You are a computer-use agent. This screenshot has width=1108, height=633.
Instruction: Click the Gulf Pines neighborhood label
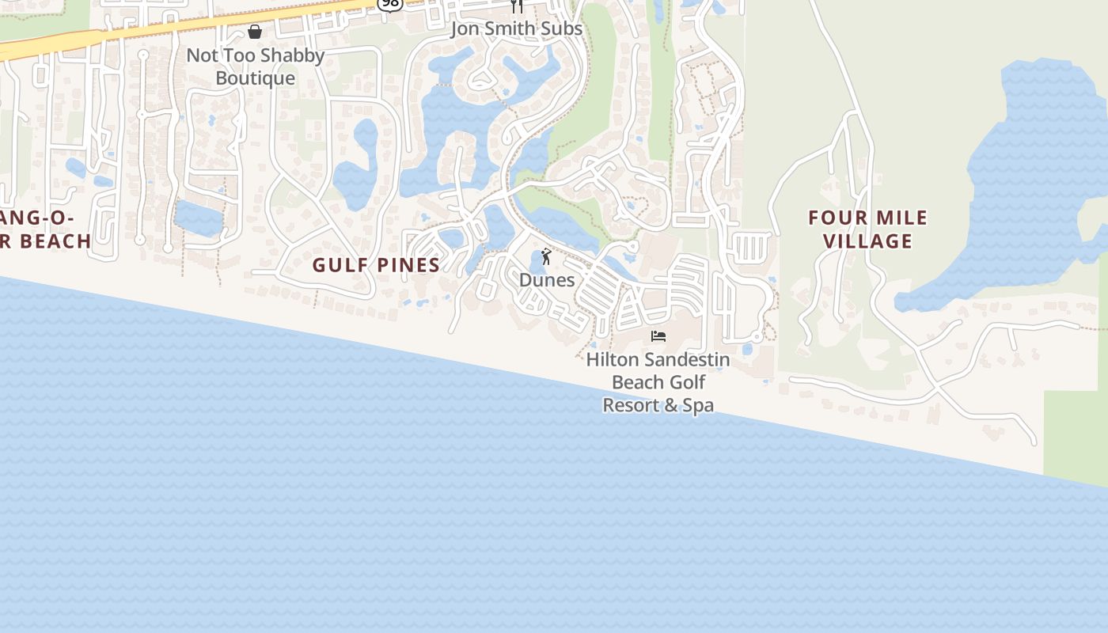(x=376, y=265)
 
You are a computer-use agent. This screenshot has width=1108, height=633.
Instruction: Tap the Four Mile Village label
(x=868, y=229)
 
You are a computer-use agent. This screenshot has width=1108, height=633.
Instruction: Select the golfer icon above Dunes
(x=546, y=256)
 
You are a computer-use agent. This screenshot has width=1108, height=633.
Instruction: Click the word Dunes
(x=547, y=280)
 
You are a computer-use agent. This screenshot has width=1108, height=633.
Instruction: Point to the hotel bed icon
(x=658, y=336)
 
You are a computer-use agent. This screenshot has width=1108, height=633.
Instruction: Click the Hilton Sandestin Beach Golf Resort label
(x=658, y=382)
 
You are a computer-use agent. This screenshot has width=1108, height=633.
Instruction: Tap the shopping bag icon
(x=255, y=32)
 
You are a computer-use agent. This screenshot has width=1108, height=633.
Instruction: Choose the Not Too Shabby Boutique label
(x=256, y=66)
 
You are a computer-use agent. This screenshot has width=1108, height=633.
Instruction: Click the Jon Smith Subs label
(x=516, y=28)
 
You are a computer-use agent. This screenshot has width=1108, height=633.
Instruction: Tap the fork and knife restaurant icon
(x=517, y=6)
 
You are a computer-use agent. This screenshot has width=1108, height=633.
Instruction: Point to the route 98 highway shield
(x=390, y=4)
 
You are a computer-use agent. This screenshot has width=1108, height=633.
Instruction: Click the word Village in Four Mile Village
(x=868, y=241)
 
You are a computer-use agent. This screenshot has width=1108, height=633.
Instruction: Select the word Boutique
(x=256, y=78)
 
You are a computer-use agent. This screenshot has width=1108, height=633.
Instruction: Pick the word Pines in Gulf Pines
(x=408, y=265)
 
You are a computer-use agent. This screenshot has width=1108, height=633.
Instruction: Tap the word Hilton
(x=612, y=360)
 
